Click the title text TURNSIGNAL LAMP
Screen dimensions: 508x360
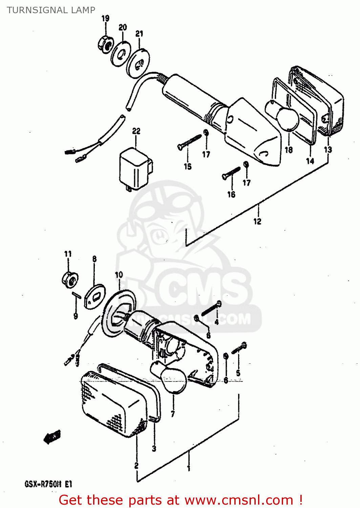coord(51,10)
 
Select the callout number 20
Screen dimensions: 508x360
coord(123,27)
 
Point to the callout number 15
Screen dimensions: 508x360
coord(188,166)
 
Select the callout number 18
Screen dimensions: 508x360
coord(289,149)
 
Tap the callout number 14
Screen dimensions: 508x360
coord(310,161)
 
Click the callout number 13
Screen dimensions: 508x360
coord(328,149)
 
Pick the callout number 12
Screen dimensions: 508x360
coord(257,221)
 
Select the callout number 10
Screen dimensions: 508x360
coord(119,275)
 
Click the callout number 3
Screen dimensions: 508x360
coord(154,448)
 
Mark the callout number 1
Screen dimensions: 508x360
coord(189,468)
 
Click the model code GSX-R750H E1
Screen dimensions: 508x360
coord(48,484)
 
